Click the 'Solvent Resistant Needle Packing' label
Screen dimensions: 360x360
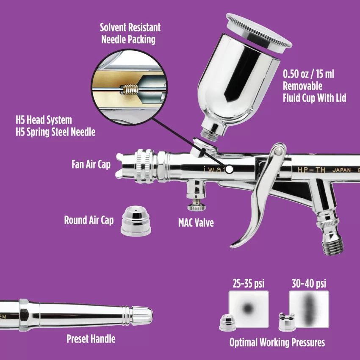130,33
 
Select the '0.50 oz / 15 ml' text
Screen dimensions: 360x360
308,74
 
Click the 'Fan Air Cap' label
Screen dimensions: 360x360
91,163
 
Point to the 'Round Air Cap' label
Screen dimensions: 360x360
89,220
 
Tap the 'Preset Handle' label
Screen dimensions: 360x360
91,339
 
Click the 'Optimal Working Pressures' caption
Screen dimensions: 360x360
277,342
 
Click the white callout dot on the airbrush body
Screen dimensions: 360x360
230,169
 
